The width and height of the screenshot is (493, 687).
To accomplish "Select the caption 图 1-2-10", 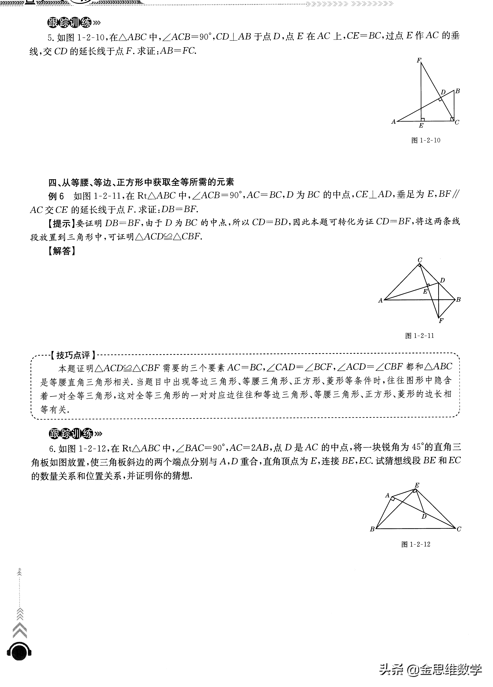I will click(426, 140).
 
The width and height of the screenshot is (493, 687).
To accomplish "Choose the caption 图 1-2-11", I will click(420, 336).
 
